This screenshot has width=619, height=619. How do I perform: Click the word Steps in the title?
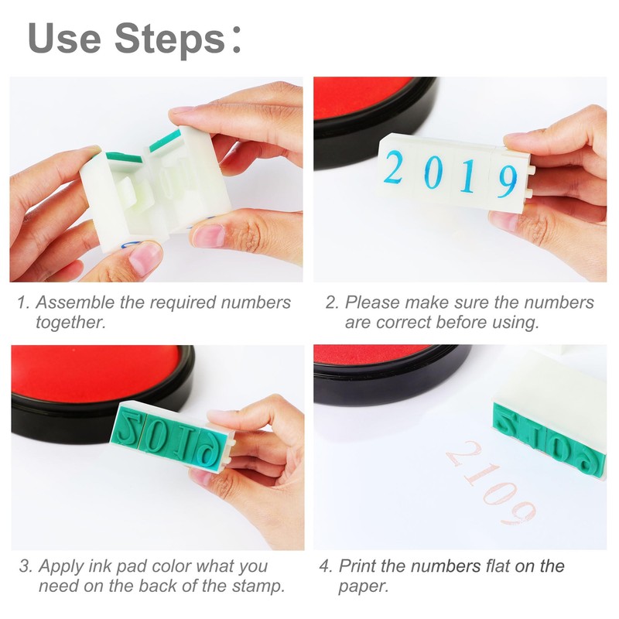coord(169,39)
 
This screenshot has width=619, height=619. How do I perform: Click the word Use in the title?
coord(64,38)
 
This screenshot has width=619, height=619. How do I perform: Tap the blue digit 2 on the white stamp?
coord(393,168)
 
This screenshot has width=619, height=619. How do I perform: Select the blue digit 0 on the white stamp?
coord(431,173)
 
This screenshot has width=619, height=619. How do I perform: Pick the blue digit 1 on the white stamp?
coord(467,177)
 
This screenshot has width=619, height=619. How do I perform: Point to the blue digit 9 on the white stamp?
coord(507,181)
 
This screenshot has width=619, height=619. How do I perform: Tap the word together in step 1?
coord(71,323)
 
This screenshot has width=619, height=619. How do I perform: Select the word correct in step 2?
coord(403,323)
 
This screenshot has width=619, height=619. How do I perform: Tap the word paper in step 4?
coord(363,587)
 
